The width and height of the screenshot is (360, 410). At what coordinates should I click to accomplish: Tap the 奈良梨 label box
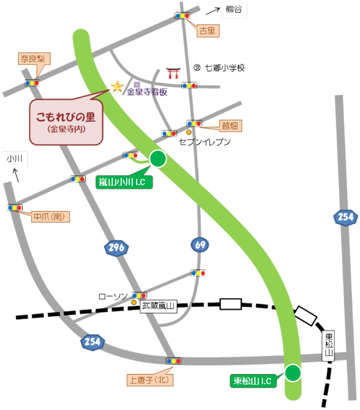[33, 60]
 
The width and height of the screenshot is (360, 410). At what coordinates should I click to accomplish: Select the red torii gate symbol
[174, 72]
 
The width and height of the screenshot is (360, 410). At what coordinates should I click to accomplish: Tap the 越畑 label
[230, 126]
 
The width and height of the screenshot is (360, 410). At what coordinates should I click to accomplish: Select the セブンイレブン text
[205, 142]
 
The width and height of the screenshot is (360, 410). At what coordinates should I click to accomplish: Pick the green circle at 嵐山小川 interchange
[158, 159]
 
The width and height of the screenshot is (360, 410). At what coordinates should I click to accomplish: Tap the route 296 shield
[117, 248]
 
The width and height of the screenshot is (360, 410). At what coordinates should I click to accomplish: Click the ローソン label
[113, 296]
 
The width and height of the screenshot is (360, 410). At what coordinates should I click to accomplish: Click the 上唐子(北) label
[148, 379]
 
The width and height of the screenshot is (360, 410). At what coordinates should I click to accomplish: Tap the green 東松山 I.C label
[251, 381]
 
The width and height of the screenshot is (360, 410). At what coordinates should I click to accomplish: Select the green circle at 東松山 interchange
[292, 373]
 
